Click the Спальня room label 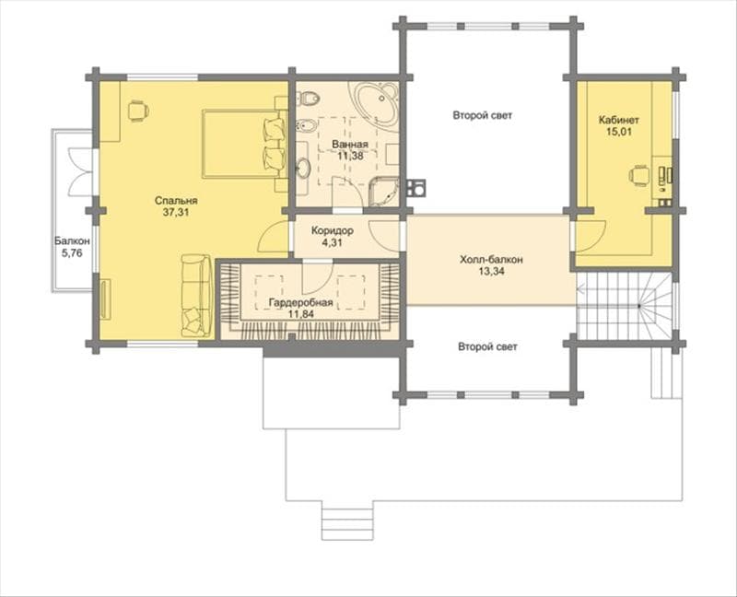pos(176,201)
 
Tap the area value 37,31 pos(176,212)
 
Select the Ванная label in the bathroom pos(350,145)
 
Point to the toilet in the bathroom pos(309,99)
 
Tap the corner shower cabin pos(383,192)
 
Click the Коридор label pos(333,231)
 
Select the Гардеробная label pos(301,303)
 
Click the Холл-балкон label pos(491,260)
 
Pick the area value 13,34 pos(491,271)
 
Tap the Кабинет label pos(618,120)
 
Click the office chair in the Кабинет pos(638,176)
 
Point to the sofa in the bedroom pos(196,295)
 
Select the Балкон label pos(72,241)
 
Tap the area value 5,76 pos(72,253)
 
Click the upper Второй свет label pos(483,115)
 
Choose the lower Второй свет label pos(488,347)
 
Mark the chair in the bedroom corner pos(137,111)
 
